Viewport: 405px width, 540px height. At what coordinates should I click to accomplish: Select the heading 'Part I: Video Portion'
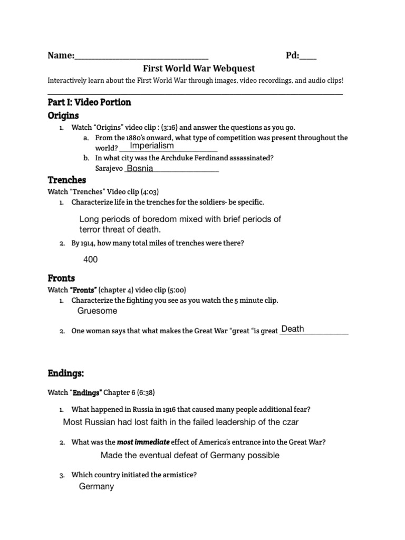point(90,102)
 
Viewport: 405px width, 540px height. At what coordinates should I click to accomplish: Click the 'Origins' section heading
point(63,115)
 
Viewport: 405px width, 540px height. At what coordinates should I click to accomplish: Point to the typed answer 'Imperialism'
point(152,146)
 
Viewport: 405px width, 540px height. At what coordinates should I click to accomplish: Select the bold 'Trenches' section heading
point(67,180)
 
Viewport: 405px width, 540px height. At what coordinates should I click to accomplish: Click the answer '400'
point(91,259)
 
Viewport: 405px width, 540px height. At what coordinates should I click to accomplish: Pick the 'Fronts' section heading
point(62,278)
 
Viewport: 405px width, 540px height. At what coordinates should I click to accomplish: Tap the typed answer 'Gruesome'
point(98,311)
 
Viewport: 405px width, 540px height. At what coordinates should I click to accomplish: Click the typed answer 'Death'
point(293,329)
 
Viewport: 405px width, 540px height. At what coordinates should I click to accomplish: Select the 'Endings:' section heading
point(66,373)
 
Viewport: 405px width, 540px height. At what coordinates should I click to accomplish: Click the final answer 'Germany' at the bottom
point(97,487)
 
